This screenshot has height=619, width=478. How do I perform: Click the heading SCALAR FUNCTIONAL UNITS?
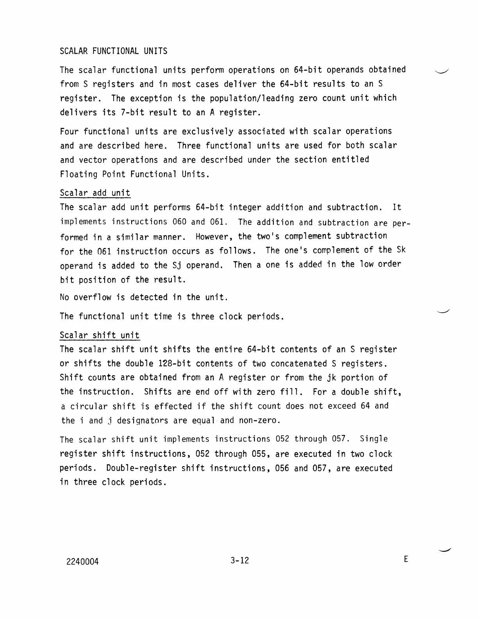point(113,51)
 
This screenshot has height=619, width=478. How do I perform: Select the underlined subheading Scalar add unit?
point(95,193)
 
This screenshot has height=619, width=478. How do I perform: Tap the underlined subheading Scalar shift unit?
point(100,335)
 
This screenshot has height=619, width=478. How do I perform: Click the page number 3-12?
point(239,561)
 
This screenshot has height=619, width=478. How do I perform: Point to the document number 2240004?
point(82,562)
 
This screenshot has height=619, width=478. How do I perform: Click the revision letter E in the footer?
point(406,560)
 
